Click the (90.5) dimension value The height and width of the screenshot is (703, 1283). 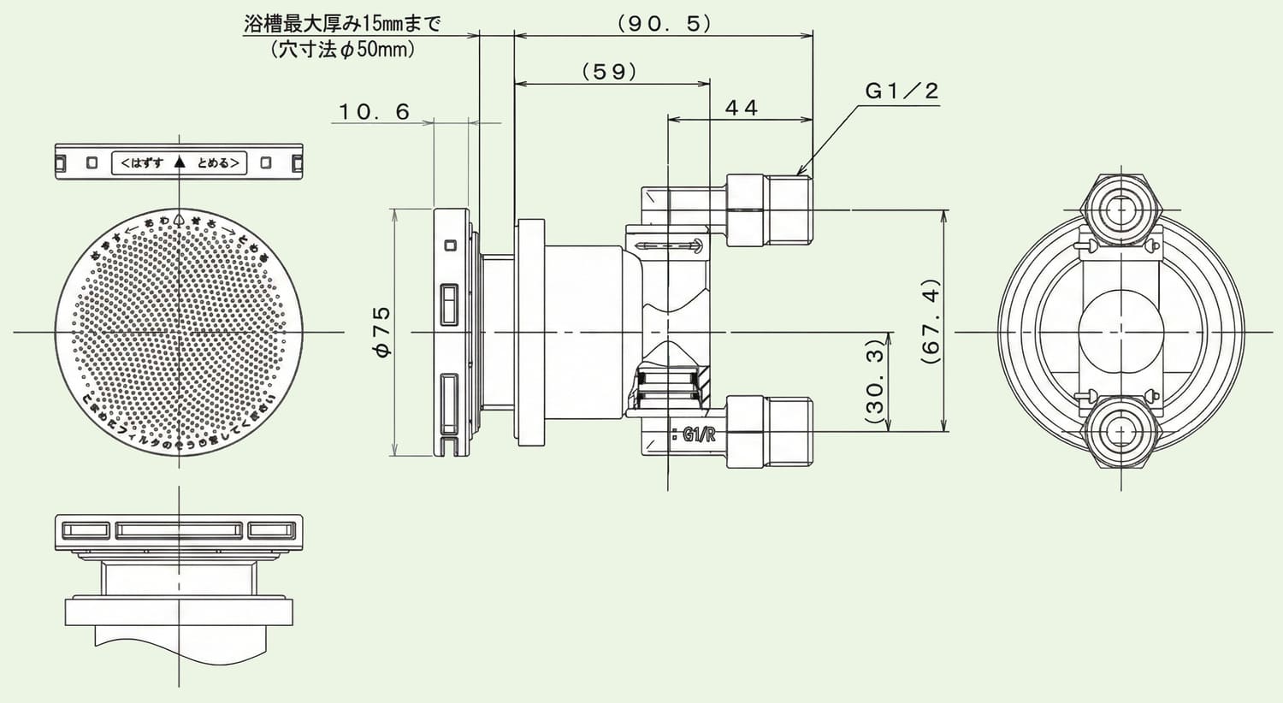tap(664, 24)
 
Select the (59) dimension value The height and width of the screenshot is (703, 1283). tap(610, 72)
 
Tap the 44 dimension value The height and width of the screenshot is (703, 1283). tap(741, 108)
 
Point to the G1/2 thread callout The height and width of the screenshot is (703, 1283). tap(902, 91)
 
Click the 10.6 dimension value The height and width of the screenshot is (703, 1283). tap(374, 112)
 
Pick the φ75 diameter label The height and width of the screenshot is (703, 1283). tap(381, 331)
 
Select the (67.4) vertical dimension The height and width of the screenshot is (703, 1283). tap(931, 322)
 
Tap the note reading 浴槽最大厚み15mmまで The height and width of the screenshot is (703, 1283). tap(342, 24)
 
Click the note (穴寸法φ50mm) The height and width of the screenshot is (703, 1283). tap(343, 50)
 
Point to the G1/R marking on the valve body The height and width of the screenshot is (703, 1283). tap(698, 435)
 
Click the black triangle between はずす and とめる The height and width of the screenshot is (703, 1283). tap(179, 162)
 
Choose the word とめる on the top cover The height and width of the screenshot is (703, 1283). tap(215, 162)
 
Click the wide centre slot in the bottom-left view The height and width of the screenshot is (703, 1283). tap(179, 531)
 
